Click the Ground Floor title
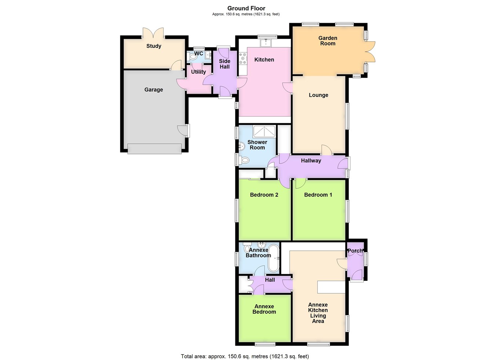click(x=246, y=8)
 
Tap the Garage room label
click(x=154, y=89)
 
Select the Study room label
click(x=154, y=46)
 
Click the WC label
click(x=198, y=54)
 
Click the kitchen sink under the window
click(x=266, y=43)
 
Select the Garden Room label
click(x=327, y=41)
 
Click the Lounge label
click(x=318, y=95)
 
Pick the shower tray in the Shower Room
click(x=264, y=131)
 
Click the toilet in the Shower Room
click(x=244, y=160)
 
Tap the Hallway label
click(x=311, y=161)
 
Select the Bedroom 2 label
click(x=264, y=195)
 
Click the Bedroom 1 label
click(x=318, y=195)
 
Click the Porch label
click(x=355, y=251)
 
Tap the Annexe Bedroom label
click(x=264, y=309)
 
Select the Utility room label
click(x=198, y=72)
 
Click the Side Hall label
click(x=224, y=64)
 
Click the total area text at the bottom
click(x=245, y=356)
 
